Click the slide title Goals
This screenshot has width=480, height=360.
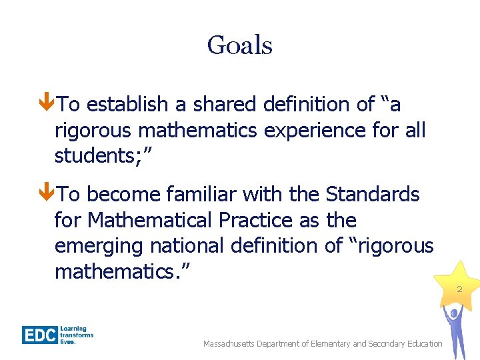click(239, 46)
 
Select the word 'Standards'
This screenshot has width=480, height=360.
click(372, 195)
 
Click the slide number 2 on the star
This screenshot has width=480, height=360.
click(459, 289)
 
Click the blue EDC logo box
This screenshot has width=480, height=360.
click(39, 334)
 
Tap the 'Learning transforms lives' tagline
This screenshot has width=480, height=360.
click(77, 335)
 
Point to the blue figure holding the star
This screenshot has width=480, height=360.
click(455, 330)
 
